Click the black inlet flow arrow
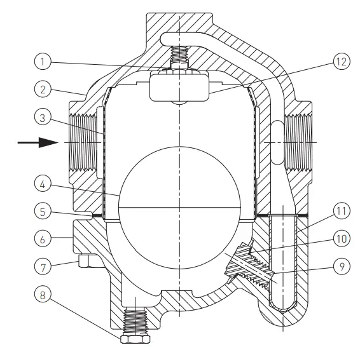coord(34,143)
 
